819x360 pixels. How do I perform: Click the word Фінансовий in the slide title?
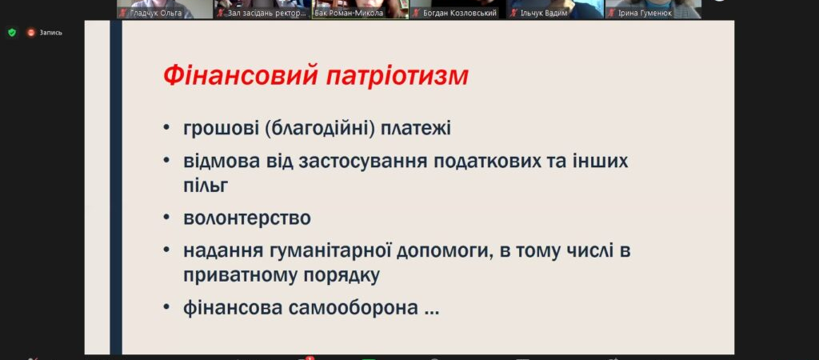click(x=241, y=76)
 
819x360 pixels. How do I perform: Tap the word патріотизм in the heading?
click(x=398, y=77)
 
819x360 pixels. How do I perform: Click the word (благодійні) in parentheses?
click(x=318, y=128)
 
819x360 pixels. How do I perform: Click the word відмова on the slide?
click(x=222, y=161)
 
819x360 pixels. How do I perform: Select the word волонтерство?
click(x=247, y=218)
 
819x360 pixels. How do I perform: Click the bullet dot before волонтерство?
click(x=166, y=218)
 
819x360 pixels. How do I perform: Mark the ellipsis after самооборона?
click(x=432, y=313)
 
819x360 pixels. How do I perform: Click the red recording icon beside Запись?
click(x=31, y=32)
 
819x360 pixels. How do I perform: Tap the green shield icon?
click(x=12, y=32)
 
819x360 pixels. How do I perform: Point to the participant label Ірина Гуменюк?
click(x=645, y=13)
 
